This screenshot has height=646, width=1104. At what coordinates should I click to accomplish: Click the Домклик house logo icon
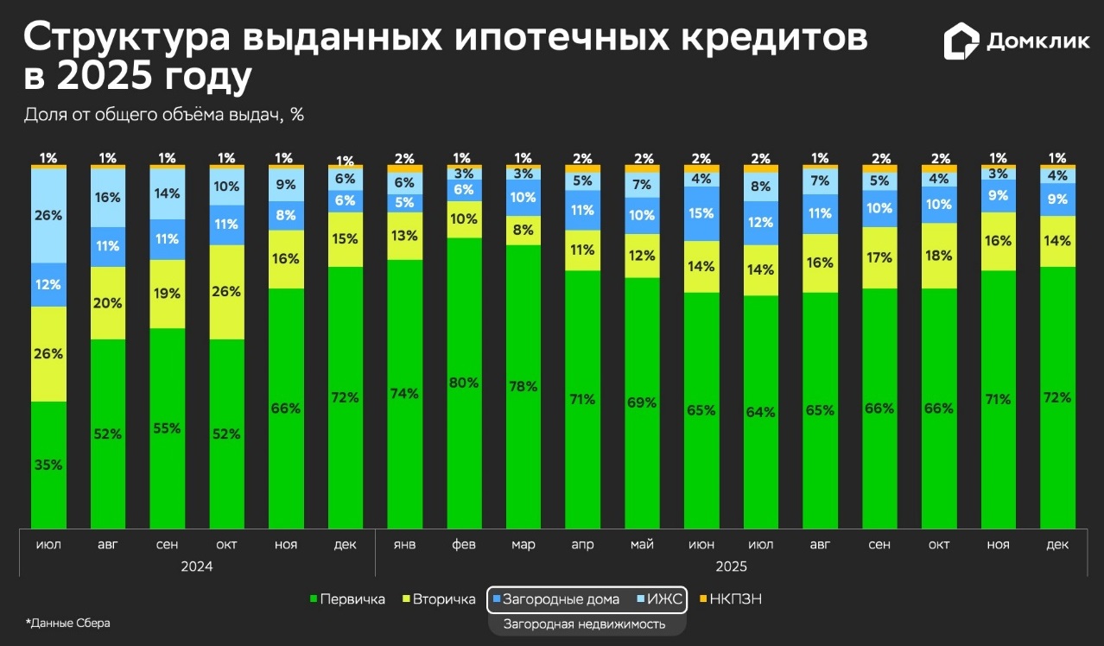point(961,41)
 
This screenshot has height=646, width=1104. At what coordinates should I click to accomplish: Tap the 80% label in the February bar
point(464,383)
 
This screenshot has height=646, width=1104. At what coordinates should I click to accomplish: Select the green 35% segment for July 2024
point(48,465)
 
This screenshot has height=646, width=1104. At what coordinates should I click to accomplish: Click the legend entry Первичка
point(346,599)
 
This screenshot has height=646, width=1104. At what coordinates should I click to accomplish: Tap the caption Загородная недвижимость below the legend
point(585,624)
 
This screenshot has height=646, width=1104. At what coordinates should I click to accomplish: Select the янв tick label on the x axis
point(404,545)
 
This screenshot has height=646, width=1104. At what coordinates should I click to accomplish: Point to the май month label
point(643,545)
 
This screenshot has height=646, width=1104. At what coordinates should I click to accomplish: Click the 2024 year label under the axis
point(197,567)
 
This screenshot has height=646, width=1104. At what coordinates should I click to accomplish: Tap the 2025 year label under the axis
point(731,567)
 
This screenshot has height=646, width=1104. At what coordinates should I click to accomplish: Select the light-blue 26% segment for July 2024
point(48,216)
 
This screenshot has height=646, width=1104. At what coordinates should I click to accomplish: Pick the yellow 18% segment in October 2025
point(939,256)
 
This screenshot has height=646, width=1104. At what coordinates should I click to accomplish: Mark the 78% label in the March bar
point(523,385)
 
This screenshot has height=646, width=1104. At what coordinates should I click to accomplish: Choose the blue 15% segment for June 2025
point(702,213)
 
